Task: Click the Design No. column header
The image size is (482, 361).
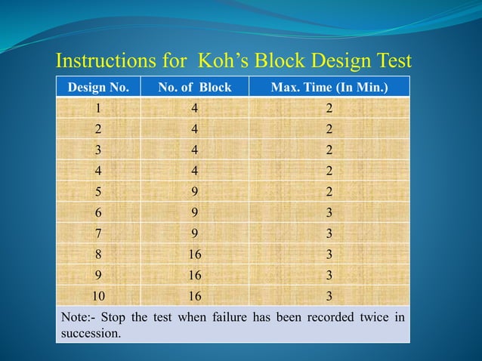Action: pyautogui.click(x=98, y=88)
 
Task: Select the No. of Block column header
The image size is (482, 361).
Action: pyautogui.click(x=195, y=88)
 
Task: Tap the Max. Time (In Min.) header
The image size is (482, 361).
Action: pyautogui.click(x=329, y=88)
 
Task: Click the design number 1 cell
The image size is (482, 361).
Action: pyautogui.click(x=98, y=109)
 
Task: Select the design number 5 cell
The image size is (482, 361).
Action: pyautogui.click(x=98, y=191)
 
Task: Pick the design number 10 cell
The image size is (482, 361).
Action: pyautogui.click(x=98, y=295)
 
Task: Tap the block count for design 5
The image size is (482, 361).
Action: pyautogui.click(x=195, y=191)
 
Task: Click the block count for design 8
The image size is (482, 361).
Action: pyautogui.click(x=195, y=253)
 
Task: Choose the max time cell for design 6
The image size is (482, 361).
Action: pyautogui.click(x=329, y=212)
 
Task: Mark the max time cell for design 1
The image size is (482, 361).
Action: pyautogui.click(x=329, y=109)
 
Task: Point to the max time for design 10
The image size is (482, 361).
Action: pyautogui.click(x=329, y=295)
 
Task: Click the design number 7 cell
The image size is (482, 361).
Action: pyautogui.click(x=98, y=233)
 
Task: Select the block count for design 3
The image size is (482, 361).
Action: pyautogui.click(x=195, y=150)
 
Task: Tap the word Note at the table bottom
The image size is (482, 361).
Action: pyautogui.click(x=75, y=316)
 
